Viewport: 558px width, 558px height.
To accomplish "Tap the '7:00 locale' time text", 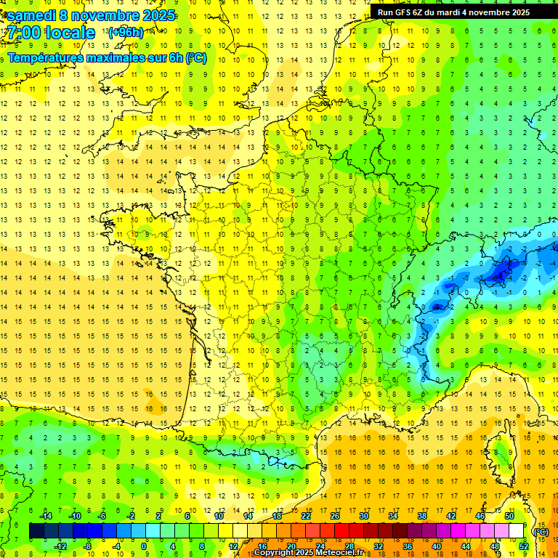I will (50, 33).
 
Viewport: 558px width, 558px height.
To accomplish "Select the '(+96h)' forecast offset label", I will (125, 33).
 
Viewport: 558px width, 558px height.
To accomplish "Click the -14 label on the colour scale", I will (46, 516).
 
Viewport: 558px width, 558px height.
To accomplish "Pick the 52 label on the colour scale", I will (523, 546).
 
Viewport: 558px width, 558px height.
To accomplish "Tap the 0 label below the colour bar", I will (144, 546).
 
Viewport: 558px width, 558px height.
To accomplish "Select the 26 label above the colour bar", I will (335, 516).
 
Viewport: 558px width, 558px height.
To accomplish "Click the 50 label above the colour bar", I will (509, 516).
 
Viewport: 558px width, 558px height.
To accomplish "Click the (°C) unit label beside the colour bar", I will (541, 532).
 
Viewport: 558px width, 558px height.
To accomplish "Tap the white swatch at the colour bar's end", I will (517, 531).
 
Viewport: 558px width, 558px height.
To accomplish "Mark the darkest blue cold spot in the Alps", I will (500, 273).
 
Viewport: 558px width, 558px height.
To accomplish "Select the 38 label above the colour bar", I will (422, 516).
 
